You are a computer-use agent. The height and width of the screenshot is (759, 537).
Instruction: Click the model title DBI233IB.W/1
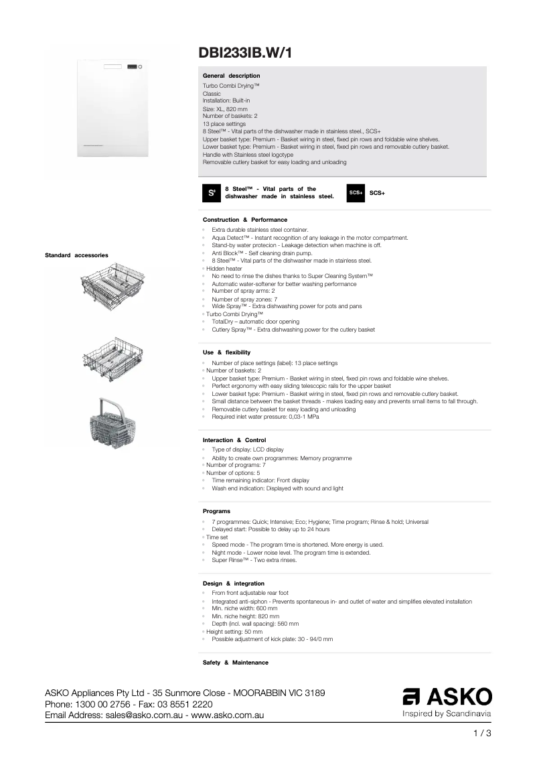[x=245, y=52]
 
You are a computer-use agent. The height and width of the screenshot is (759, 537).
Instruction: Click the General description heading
[x=231, y=76]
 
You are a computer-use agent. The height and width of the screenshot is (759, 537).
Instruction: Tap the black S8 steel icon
[x=211, y=192]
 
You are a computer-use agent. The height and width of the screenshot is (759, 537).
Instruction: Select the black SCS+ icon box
[x=356, y=192]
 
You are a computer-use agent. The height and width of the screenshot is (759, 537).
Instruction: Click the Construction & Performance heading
[x=244, y=220]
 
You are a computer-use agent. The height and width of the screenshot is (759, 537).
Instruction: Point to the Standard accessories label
[x=76, y=255]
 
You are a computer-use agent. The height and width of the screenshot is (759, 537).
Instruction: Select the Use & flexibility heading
[x=226, y=352]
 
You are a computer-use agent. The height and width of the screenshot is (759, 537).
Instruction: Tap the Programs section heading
[x=216, y=511]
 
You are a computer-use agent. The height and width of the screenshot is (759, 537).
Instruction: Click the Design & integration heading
[x=233, y=583]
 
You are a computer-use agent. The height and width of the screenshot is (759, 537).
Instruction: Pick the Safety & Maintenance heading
[x=235, y=663]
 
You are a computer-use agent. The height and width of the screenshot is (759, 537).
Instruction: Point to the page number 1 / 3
[x=482, y=733]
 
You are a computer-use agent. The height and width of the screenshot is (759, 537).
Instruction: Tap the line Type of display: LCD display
[x=247, y=449]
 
